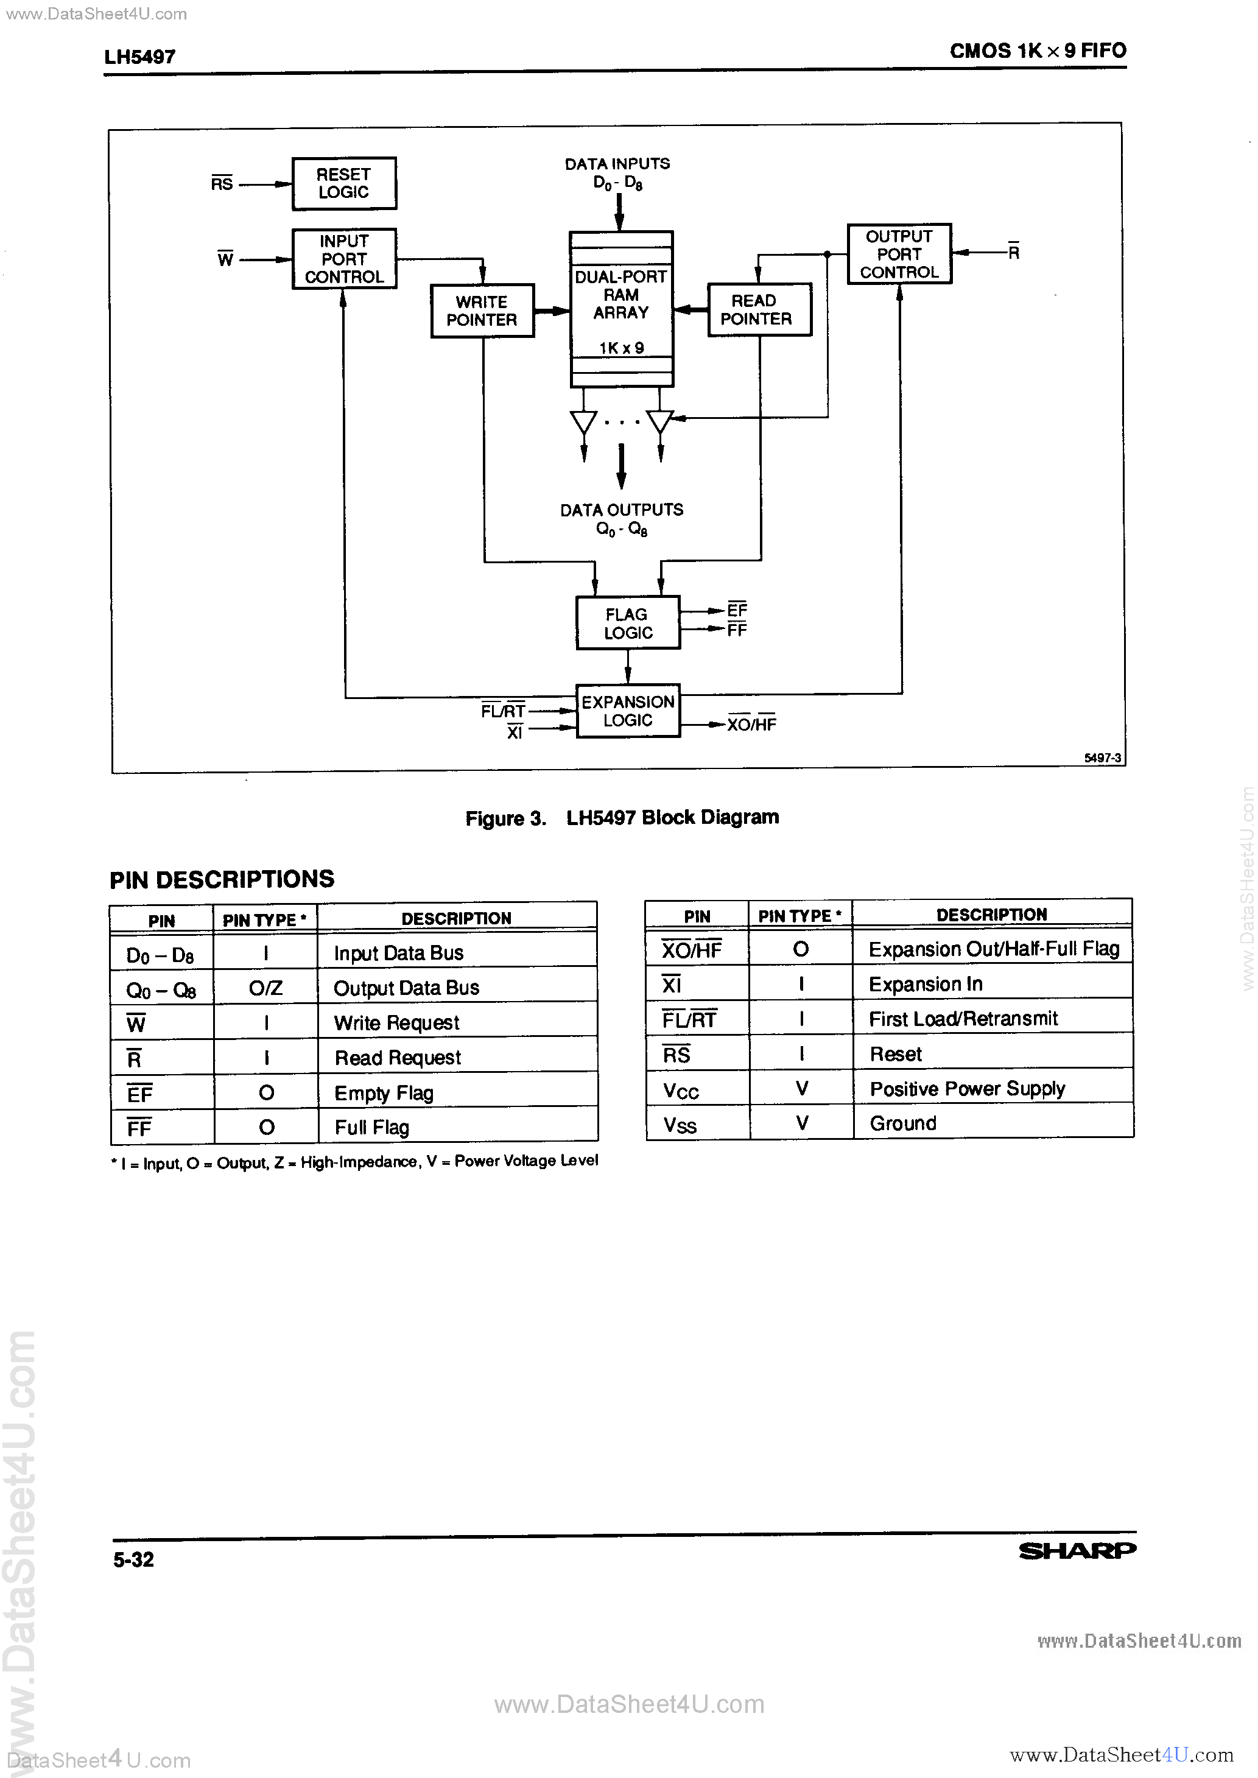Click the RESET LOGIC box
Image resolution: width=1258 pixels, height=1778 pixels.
[x=344, y=183]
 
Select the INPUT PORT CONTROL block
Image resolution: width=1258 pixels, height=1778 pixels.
[x=344, y=259]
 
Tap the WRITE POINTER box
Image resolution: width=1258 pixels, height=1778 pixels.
[x=482, y=311]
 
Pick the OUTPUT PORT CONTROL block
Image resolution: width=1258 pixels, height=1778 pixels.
[x=899, y=254]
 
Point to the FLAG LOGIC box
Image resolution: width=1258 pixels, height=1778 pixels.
[x=627, y=623]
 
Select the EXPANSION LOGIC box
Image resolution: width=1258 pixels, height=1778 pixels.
[x=627, y=711]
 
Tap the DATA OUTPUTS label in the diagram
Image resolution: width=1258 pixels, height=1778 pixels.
[x=621, y=510]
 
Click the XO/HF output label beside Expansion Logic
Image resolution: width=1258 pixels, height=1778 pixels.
[x=751, y=724]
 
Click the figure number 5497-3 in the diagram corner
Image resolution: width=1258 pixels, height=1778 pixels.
[x=1102, y=758]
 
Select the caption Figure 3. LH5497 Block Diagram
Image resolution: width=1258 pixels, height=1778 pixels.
[x=622, y=818]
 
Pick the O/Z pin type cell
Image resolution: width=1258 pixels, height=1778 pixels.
[x=265, y=988]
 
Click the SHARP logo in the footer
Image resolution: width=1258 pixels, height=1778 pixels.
[x=1077, y=1550]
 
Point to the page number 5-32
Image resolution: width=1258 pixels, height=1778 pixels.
[x=133, y=1559]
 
